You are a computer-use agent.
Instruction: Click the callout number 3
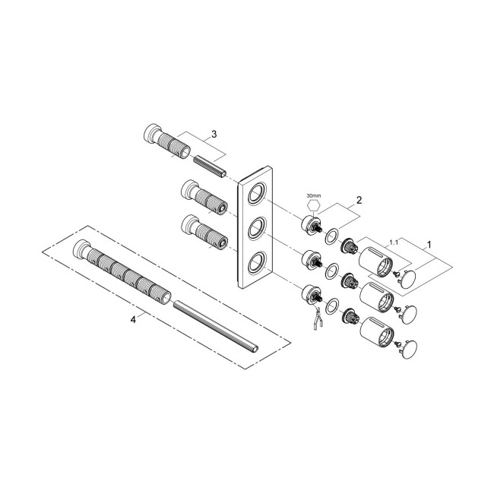(x=215, y=134)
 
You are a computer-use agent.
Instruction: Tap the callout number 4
(x=133, y=320)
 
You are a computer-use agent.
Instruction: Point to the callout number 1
(x=429, y=245)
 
